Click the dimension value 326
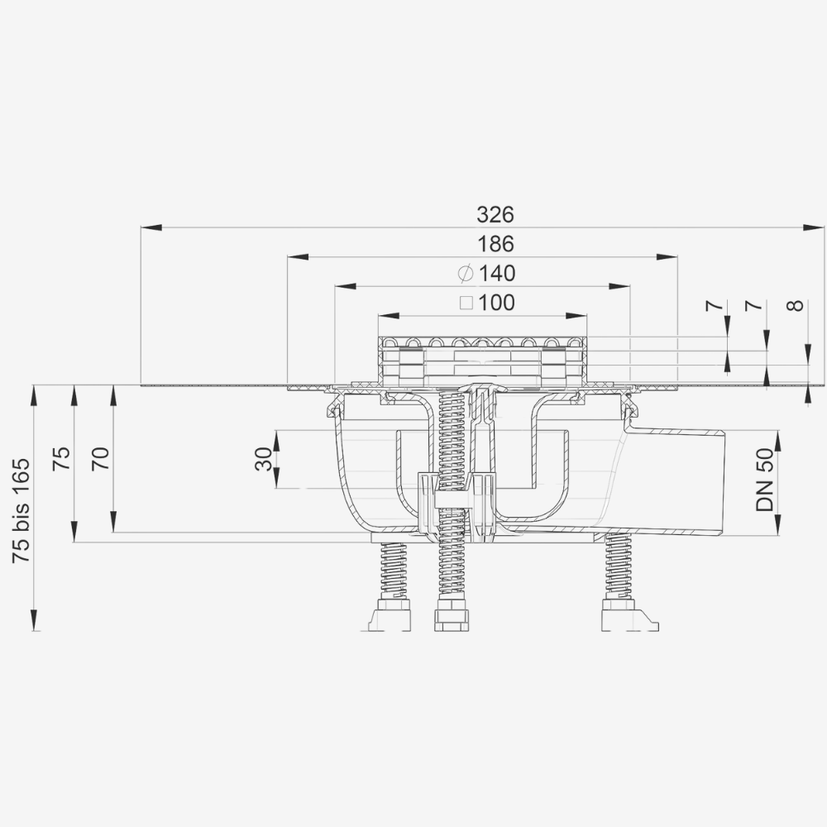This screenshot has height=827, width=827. tap(495, 214)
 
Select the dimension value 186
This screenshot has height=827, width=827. tap(495, 244)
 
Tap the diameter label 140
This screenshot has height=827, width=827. tap(496, 273)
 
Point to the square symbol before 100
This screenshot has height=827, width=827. tap(466, 303)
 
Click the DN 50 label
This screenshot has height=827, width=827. tap(764, 480)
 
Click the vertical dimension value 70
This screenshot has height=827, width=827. tap(101, 457)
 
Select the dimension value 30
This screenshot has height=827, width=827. tap(263, 459)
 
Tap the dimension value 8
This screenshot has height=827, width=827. tap(795, 305)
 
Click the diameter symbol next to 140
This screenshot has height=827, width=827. tap(466, 273)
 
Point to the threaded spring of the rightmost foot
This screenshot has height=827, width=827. tap(618, 566)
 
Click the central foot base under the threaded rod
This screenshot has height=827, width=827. tap(452, 618)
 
